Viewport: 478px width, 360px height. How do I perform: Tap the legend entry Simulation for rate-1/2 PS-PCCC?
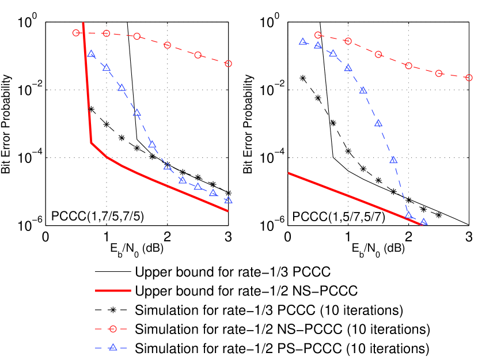[x=281, y=348]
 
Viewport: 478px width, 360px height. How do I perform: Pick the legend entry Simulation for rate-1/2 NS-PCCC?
[x=282, y=329]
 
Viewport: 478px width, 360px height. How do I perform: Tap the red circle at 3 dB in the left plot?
[x=229, y=63]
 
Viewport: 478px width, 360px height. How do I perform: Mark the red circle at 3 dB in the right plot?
[x=469, y=77]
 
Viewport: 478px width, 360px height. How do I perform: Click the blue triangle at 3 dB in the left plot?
[x=229, y=200]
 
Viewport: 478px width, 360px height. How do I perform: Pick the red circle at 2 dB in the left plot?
[x=168, y=45]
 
